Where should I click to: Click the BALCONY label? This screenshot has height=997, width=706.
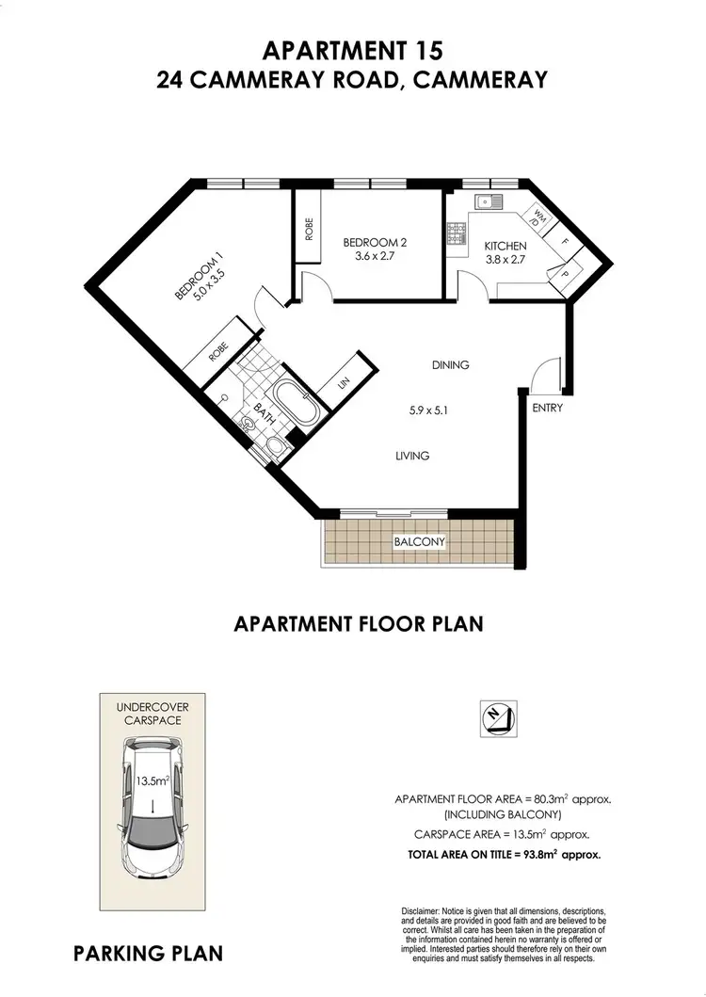(419, 542)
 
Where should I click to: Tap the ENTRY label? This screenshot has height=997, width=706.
(547, 408)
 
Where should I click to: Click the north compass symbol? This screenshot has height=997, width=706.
(495, 718)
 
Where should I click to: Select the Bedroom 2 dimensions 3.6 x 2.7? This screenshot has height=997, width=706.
(374, 254)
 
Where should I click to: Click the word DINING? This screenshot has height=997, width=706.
(450, 365)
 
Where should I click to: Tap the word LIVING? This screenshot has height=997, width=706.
(412, 456)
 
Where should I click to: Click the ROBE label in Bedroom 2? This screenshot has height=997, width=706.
(309, 228)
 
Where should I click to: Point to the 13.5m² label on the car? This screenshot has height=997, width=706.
(150, 780)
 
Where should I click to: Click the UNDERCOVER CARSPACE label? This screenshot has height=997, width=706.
(150, 713)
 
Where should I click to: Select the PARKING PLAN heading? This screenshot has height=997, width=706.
(148, 953)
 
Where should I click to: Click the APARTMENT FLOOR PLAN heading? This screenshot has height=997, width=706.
(358, 622)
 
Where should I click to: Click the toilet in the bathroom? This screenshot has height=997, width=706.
(274, 445)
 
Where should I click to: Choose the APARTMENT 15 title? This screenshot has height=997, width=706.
(353, 49)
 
